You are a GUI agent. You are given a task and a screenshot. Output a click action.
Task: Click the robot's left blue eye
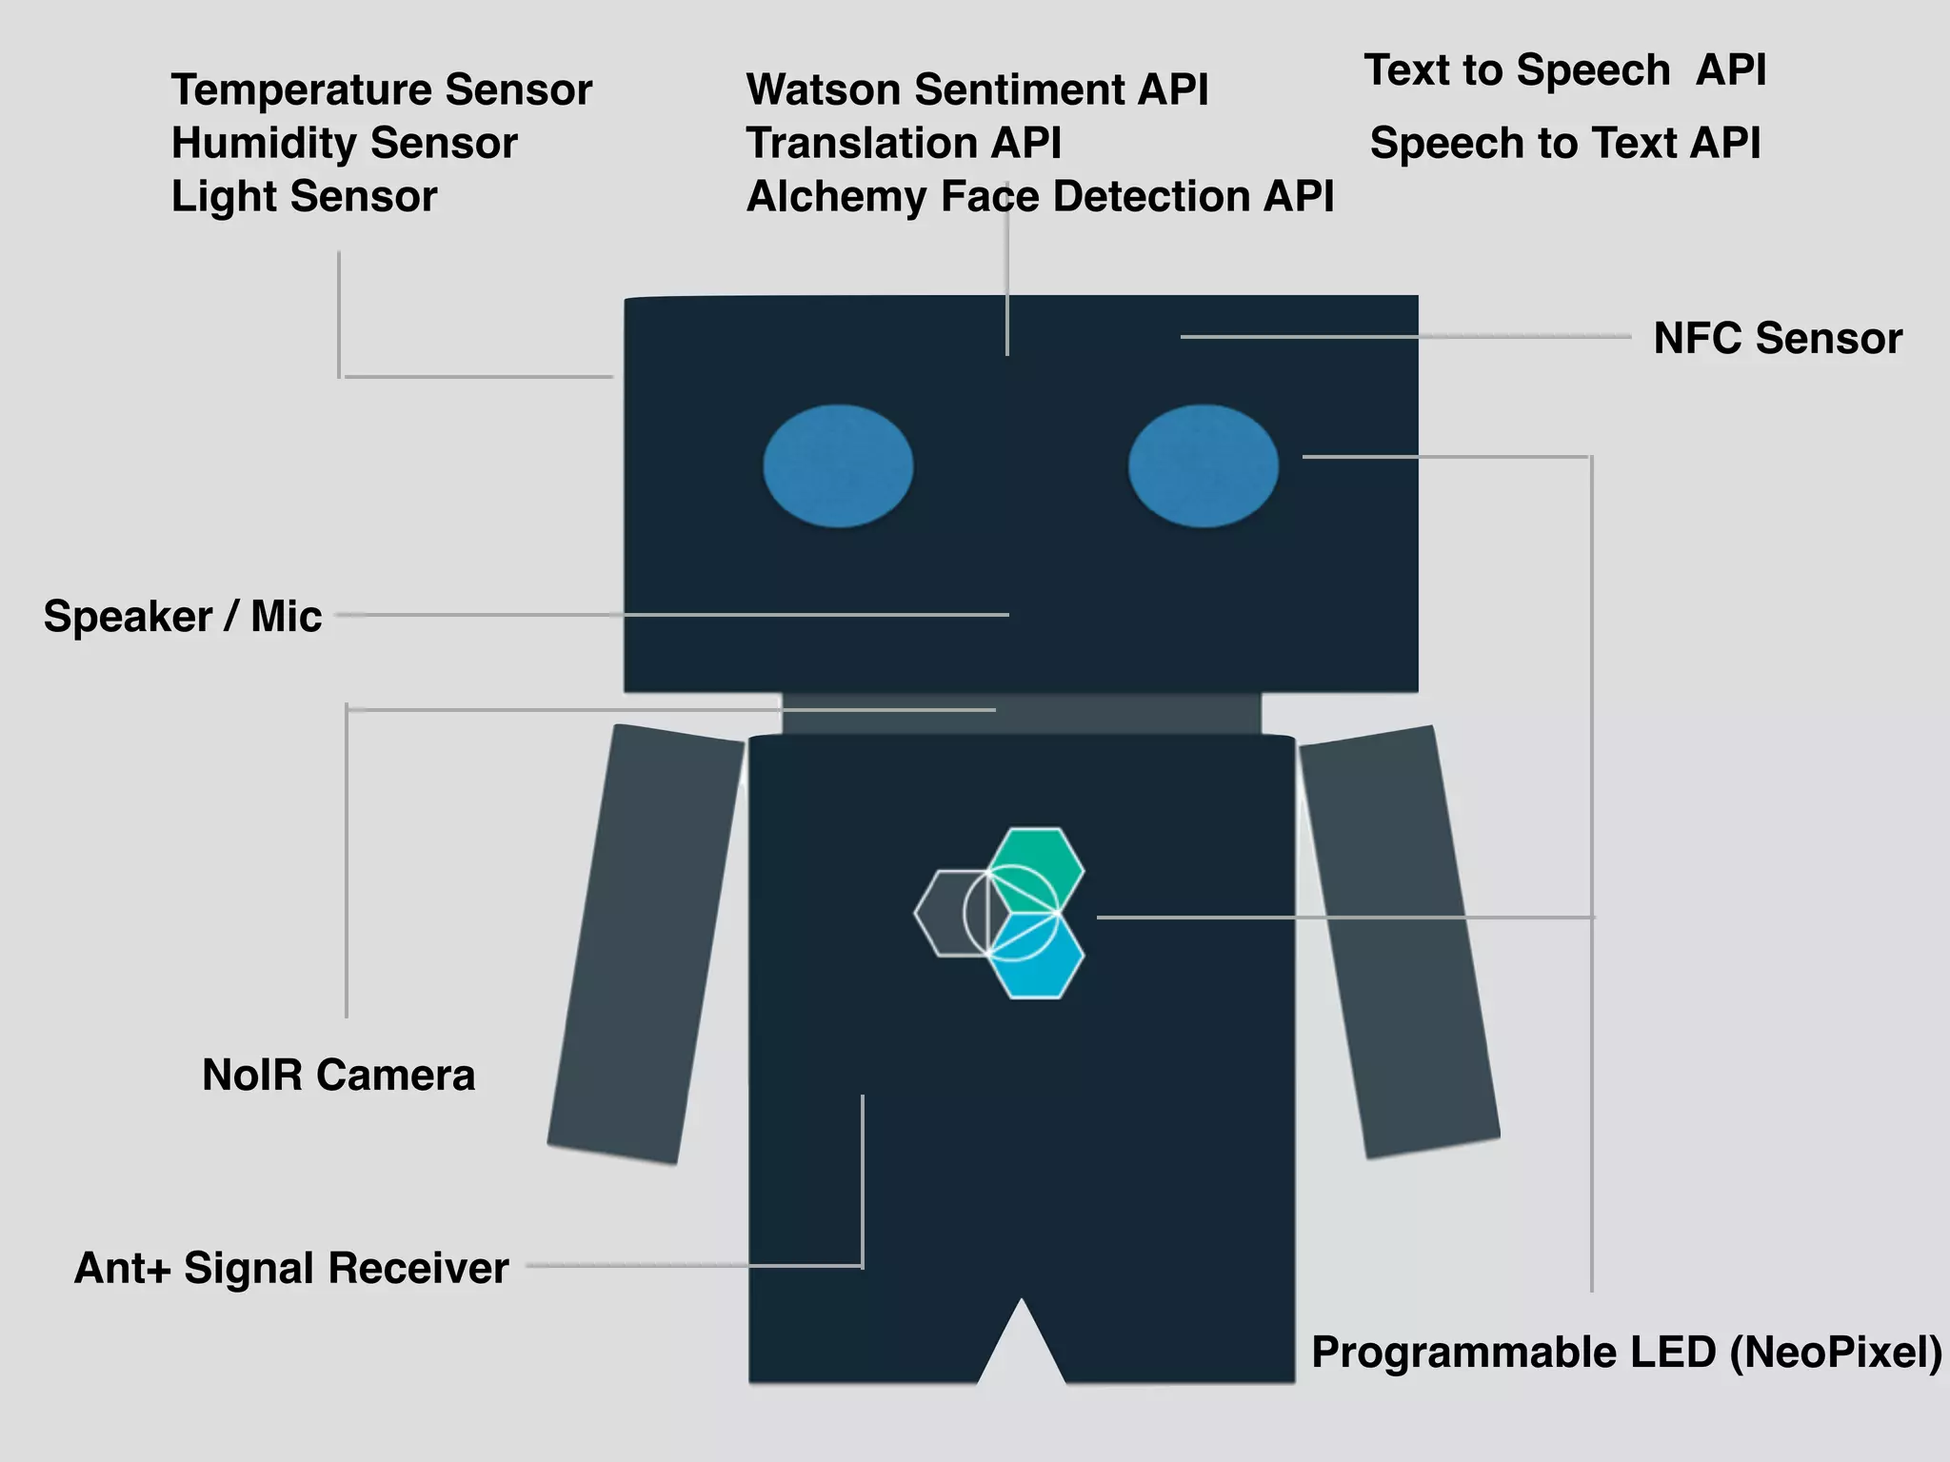click(838, 465)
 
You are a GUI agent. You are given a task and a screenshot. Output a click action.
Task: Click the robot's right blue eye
click(1204, 465)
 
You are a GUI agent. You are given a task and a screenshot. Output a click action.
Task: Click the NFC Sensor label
click(1777, 339)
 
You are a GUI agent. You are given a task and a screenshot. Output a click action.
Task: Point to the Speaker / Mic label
click(183, 617)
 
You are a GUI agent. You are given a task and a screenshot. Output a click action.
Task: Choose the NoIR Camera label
click(338, 1076)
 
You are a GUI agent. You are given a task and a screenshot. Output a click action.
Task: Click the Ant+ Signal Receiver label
click(291, 1269)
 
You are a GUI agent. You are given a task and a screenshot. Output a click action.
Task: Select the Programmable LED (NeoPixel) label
click(1626, 1353)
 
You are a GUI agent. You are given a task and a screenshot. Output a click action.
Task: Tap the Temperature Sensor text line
click(381, 90)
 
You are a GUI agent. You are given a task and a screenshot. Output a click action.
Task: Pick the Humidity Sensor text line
click(344, 144)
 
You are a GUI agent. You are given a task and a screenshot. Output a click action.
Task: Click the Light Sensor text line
click(304, 197)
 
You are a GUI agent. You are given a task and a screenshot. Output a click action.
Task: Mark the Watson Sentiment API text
click(977, 90)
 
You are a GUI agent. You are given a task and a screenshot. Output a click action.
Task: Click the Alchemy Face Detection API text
click(1040, 197)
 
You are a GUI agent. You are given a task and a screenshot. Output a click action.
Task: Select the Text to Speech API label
click(1564, 70)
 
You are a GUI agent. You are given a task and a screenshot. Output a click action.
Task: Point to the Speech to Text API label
click(1564, 144)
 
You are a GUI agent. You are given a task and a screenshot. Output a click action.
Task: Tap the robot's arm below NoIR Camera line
click(646, 942)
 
